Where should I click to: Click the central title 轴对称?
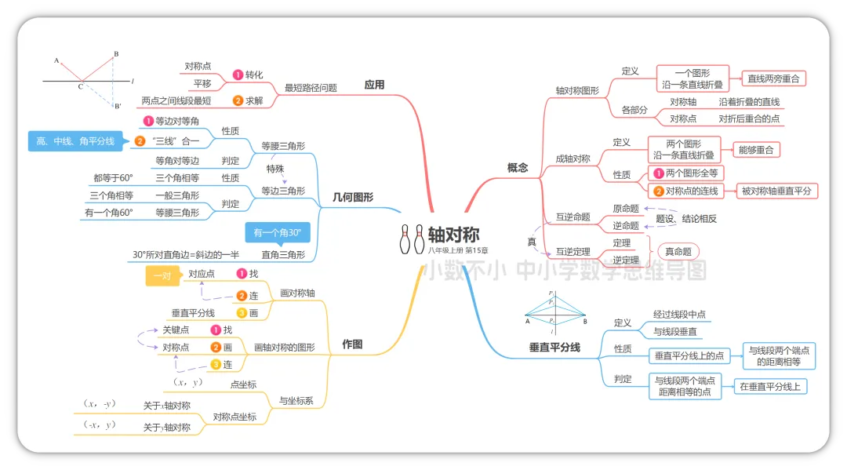tap(453, 234)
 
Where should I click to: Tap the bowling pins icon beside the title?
tap(412, 239)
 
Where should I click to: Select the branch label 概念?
tap(518, 167)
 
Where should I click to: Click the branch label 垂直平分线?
tap(554, 346)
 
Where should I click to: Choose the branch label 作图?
tap(352, 344)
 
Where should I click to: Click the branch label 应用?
tap(374, 85)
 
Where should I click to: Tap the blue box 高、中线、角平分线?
tap(75, 141)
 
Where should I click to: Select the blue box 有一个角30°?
tap(278, 233)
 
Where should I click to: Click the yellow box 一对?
tap(162, 275)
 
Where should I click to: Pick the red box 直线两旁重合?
tap(773, 78)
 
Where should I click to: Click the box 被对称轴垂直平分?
tap(776, 190)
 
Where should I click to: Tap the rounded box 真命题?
tap(676, 251)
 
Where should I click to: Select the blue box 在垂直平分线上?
tap(769, 386)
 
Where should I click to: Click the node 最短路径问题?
tap(311, 88)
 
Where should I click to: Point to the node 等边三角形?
tap(283, 191)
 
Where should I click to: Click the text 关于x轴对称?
tap(166, 406)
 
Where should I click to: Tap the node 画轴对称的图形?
tap(285, 347)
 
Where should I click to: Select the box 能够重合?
tap(757, 149)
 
